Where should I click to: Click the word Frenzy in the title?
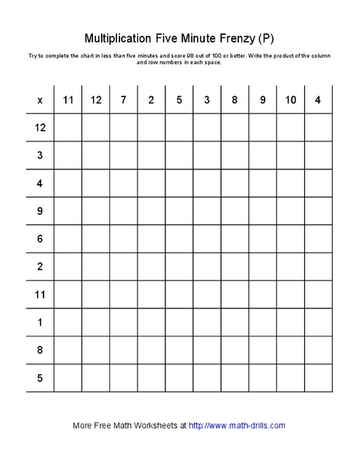pyautogui.click(x=234, y=38)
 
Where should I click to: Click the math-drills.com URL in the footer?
pyautogui.click(x=237, y=426)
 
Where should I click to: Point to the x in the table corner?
pyautogui.click(x=40, y=99)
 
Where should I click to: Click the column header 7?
pyautogui.click(x=123, y=99)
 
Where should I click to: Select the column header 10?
pyautogui.click(x=291, y=99)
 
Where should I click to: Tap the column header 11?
pyautogui.click(x=67, y=99)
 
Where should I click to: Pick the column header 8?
pyautogui.click(x=235, y=99)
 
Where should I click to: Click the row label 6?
pyautogui.click(x=40, y=239)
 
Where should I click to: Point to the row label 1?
pyautogui.click(x=40, y=322)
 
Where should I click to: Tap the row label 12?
pyautogui.click(x=40, y=127)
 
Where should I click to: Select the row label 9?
pyautogui.click(x=40, y=211)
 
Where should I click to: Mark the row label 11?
pyautogui.click(x=40, y=294)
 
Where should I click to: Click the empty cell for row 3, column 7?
pyautogui.click(x=123, y=155)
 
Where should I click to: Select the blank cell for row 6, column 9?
pyautogui.click(x=263, y=239)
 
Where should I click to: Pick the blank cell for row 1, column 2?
pyautogui.click(x=151, y=322)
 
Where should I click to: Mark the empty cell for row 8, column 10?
pyautogui.click(x=291, y=350)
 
